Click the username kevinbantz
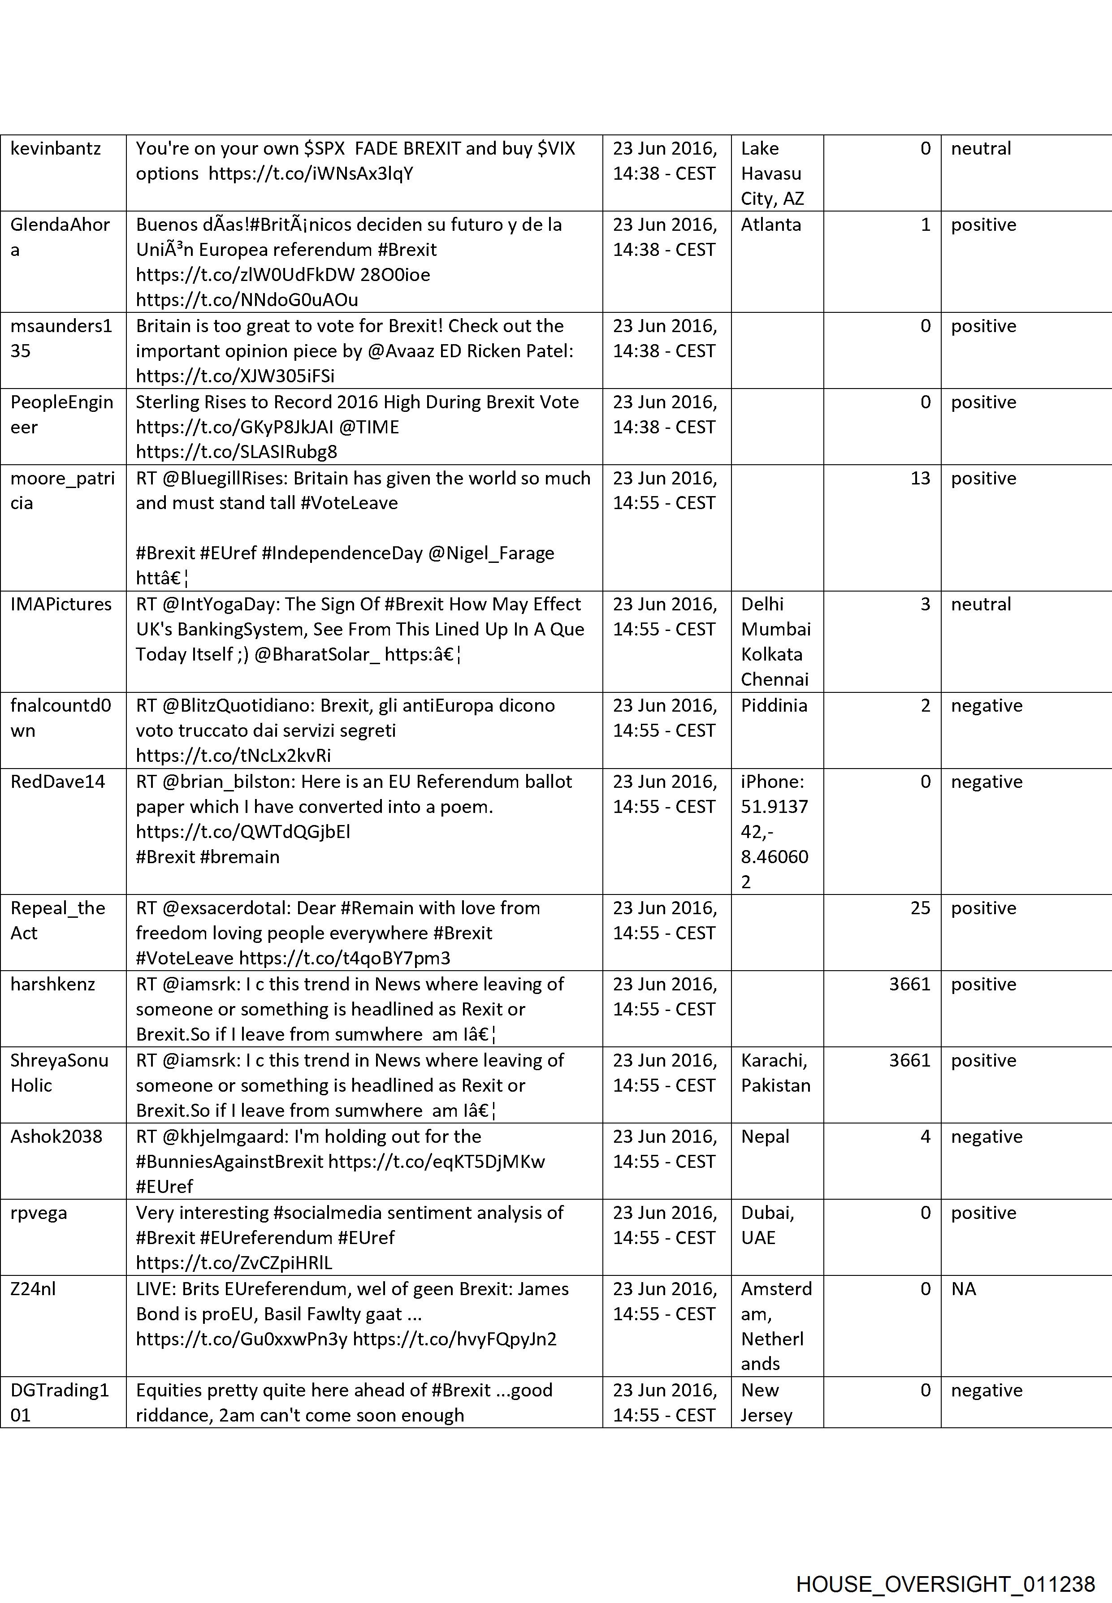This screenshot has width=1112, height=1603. point(56,148)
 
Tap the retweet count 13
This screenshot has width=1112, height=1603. point(920,478)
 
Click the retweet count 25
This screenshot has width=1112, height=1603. point(920,908)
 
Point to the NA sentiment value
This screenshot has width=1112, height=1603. point(964,1289)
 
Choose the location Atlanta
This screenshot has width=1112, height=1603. point(770,225)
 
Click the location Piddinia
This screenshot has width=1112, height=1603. point(774,705)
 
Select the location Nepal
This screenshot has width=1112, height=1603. point(765,1136)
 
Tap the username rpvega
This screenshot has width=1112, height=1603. point(39,1213)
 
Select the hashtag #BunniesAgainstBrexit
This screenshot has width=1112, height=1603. point(230,1161)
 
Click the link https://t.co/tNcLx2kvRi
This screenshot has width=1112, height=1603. point(234,755)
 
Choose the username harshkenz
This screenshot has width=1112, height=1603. point(53,985)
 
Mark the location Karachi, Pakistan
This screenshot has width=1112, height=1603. point(775,1073)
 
